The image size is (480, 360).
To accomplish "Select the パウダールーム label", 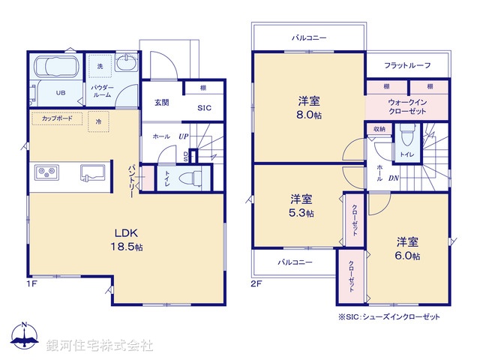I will pyautogui.click(x=103, y=92).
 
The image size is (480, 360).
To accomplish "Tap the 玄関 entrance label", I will pyautogui.click(x=162, y=102).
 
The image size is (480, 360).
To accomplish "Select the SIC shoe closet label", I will pyautogui.click(x=204, y=108).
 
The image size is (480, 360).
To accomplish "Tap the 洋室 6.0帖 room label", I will pyautogui.click(x=407, y=248).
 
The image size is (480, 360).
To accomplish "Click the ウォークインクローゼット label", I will pyautogui.click(x=408, y=106).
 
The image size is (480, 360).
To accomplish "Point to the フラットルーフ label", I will pyautogui.click(x=407, y=66).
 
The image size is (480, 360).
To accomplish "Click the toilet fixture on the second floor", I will pyautogui.click(x=407, y=136).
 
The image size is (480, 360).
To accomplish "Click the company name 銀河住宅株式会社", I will pyautogui.click(x=100, y=346).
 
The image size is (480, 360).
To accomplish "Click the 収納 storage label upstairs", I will pyautogui.click(x=379, y=129).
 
